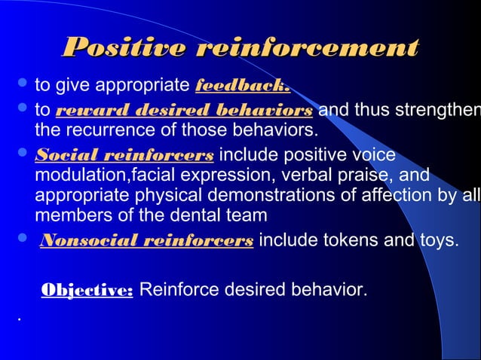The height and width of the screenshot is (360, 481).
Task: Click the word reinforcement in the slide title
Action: point(307,48)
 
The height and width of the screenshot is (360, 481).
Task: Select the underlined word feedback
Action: point(243,84)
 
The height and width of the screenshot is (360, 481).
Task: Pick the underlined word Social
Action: point(61,156)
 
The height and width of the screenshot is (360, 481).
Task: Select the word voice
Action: point(370,156)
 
